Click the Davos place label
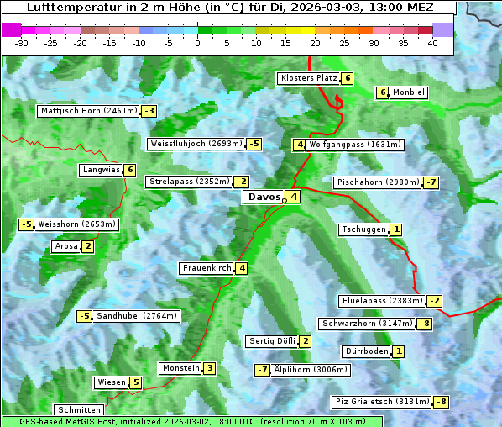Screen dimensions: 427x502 pyautogui.click(x=262, y=198)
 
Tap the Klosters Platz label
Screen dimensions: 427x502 pyautogui.click(x=308, y=79)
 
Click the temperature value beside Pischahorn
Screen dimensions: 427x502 pyautogui.click(x=431, y=182)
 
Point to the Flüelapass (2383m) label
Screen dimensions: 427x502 pyautogui.click(x=381, y=301)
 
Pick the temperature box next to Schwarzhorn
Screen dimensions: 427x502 pyautogui.click(x=426, y=324)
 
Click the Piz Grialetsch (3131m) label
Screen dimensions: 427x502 pyautogui.click(x=382, y=402)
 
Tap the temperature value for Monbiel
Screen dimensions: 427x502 pyautogui.click(x=383, y=92)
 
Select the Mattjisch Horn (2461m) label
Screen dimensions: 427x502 pyautogui.click(x=88, y=111)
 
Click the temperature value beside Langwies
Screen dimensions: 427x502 pyautogui.click(x=130, y=170)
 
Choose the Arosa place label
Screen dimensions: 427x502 pyautogui.click(x=65, y=246)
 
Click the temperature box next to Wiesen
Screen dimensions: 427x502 pyautogui.click(x=135, y=382)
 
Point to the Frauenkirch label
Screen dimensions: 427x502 pyautogui.click(x=207, y=268)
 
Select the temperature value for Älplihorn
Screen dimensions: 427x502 pyautogui.click(x=263, y=370)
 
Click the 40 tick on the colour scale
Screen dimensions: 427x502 pyautogui.click(x=432, y=43)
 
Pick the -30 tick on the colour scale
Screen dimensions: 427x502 pyautogui.click(x=21, y=43)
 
